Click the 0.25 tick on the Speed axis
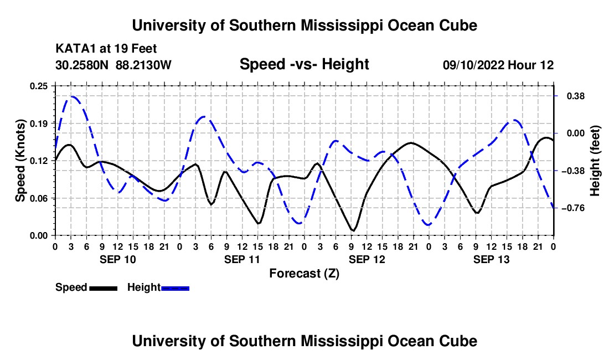[x=39, y=86]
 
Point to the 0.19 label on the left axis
[x=39, y=124]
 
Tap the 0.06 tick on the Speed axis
[x=39, y=198]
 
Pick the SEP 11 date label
[x=242, y=259]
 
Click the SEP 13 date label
[x=491, y=259]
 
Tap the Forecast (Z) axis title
[x=304, y=274]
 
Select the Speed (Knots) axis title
[x=20, y=161]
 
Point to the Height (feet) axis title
[x=595, y=161]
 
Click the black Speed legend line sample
[x=104, y=289]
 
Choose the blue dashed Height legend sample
[x=175, y=289]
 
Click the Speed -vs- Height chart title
[x=304, y=64]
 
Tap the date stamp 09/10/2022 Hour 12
[x=498, y=65]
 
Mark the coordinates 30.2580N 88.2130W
[x=113, y=65]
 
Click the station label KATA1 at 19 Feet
[x=106, y=49]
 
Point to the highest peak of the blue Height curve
[x=73, y=96]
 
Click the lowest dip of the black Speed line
[x=353, y=231]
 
